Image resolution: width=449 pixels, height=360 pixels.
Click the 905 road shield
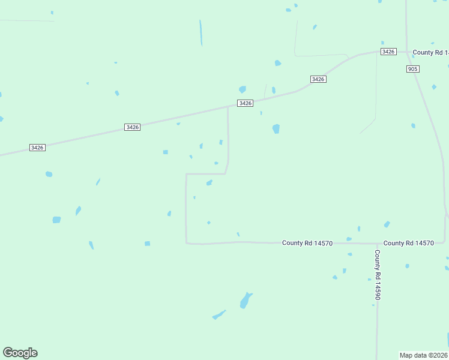[412, 69]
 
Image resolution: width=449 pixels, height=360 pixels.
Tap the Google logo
[20, 353]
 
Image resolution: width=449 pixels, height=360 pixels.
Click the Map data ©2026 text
[424, 355]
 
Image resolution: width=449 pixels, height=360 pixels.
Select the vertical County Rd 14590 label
[378, 275]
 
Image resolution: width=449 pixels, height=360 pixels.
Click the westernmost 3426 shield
[37, 148]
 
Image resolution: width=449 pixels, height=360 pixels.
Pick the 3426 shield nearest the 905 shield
[388, 52]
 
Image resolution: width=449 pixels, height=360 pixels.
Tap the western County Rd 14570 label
[307, 243]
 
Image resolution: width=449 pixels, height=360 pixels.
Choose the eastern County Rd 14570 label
[408, 243]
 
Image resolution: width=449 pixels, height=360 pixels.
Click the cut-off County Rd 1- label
[430, 53]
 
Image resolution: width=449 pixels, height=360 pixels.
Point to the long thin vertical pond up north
[201, 32]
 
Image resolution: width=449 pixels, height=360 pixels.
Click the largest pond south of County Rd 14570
[245, 300]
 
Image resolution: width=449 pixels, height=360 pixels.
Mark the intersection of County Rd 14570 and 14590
[377, 244]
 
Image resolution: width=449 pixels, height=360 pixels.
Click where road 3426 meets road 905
[407, 51]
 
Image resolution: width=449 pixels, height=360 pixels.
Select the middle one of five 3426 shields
[245, 103]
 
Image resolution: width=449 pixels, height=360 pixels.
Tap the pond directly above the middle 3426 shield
[242, 89]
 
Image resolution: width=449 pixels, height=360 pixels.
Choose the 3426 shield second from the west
[133, 127]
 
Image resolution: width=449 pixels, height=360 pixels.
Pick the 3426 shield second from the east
[318, 79]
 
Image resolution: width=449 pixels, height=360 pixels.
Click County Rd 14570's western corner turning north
[187, 242]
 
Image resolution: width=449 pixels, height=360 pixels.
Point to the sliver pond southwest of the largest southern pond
[218, 315]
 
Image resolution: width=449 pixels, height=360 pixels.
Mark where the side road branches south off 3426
[228, 107]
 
